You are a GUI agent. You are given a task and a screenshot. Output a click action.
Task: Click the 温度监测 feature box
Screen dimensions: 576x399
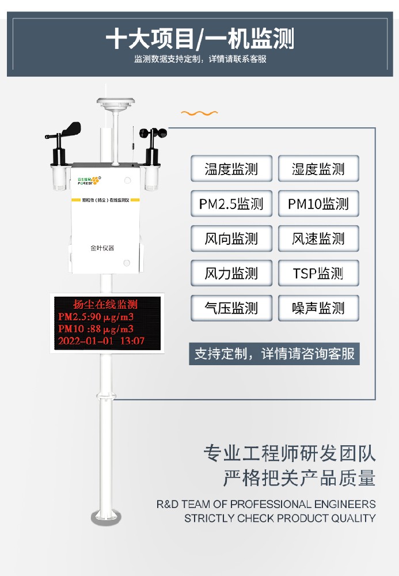231,169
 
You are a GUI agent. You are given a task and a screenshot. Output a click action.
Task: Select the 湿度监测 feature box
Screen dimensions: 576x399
318,169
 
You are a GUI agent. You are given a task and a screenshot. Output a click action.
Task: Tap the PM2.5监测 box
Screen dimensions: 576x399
231,204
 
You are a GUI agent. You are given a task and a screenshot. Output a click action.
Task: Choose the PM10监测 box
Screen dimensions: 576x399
318,204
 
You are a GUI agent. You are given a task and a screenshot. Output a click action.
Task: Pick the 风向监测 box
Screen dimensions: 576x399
231,238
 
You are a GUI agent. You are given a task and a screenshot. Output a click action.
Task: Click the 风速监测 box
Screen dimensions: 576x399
318,238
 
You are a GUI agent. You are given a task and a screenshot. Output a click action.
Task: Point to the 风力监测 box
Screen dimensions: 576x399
231,273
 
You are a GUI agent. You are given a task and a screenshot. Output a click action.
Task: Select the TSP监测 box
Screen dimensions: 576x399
318,273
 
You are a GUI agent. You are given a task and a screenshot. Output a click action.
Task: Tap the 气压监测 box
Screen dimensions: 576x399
231,308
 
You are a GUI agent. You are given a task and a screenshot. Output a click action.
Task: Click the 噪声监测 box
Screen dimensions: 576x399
318,308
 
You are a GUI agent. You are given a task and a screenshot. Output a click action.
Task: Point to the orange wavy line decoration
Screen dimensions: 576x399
200,113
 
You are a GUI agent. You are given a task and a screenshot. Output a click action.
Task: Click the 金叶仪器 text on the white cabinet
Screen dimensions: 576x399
102,248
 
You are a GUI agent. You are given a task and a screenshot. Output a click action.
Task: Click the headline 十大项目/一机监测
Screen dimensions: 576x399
200,39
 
